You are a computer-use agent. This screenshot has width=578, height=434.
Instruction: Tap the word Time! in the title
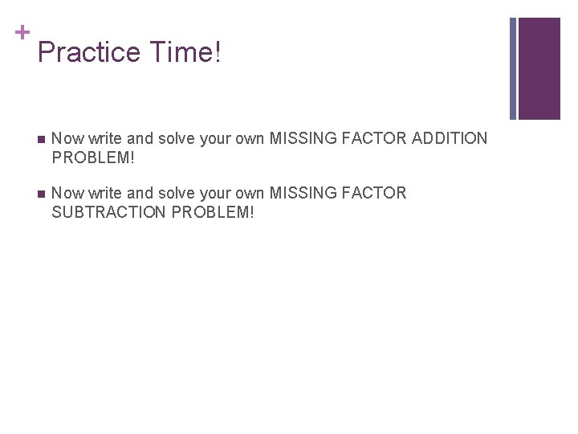coord(184,53)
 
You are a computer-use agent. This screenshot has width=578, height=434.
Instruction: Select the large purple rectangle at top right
coord(539,68)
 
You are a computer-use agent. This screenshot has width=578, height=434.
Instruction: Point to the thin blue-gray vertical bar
coord(514,68)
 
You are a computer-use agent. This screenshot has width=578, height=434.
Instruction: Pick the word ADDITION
coord(449,138)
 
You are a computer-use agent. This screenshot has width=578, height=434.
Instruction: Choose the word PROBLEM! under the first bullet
coord(93,158)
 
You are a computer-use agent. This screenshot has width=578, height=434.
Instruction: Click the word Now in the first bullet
coord(67,138)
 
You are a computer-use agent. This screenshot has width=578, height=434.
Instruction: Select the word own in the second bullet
coord(250,193)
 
